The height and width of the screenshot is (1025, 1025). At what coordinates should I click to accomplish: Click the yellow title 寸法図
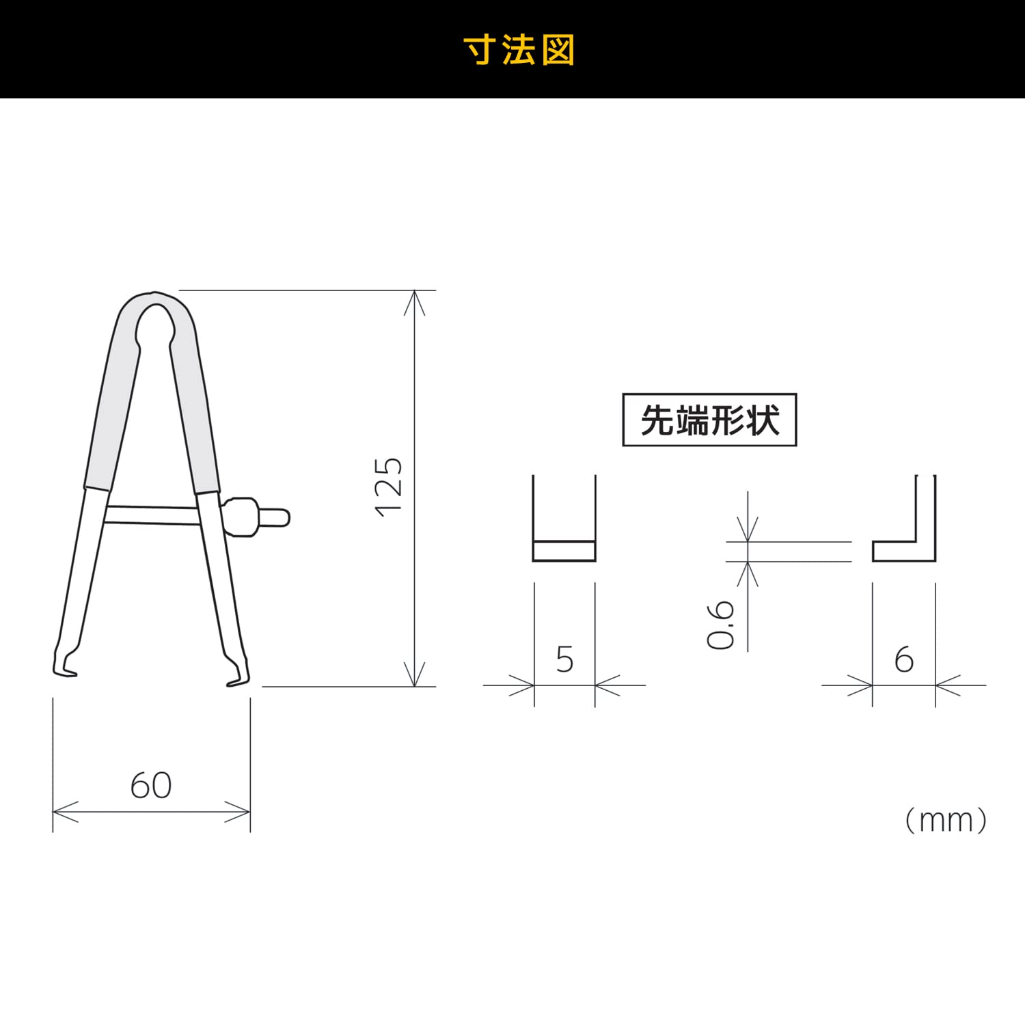click(519, 51)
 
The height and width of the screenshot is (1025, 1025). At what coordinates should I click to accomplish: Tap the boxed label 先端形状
click(709, 420)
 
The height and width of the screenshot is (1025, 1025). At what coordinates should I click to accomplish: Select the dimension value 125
click(389, 487)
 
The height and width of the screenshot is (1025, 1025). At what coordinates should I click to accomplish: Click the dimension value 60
click(151, 785)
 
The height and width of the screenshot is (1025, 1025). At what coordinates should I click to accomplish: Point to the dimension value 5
click(564, 659)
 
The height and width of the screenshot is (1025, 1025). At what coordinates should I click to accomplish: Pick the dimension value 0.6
click(721, 625)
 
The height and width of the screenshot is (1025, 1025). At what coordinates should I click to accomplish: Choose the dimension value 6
click(903, 659)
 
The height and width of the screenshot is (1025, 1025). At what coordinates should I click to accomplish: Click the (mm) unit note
click(946, 820)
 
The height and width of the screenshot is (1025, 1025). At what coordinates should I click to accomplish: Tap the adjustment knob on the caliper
click(253, 517)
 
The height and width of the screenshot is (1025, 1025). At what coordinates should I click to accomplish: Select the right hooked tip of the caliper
click(239, 673)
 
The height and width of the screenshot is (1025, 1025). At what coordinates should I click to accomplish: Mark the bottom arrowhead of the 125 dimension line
click(415, 676)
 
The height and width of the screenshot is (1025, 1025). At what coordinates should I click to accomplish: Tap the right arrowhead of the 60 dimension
click(241, 812)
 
